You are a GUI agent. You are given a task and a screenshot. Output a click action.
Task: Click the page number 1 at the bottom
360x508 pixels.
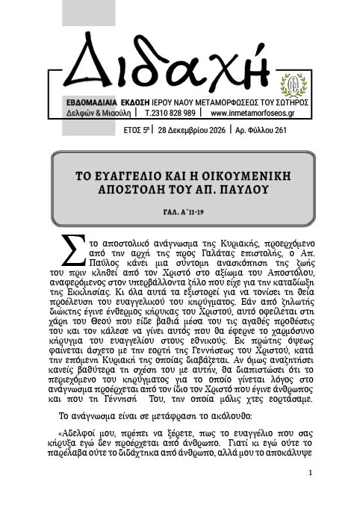309,473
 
